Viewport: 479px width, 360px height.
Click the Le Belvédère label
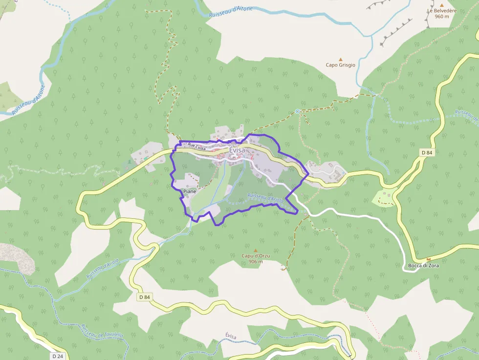pyautogui.click(x=437, y=10)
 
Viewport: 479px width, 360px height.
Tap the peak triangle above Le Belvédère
pyautogui.click(x=441, y=5)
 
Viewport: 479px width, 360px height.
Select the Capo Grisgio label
pyautogui.click(x=341, y=64)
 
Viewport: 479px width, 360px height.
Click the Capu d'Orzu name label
pyautogui.click(x=255, y=255)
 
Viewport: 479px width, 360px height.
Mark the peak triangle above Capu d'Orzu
pyautogui.click(x=255, y=250)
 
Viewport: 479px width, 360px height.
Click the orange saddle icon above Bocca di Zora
pyautogui.click(x=429, y=259)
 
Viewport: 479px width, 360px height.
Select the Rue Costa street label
pyautogui.click(x=196, y=146)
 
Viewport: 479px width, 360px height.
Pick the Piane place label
pyautogui.click(x=190, y=191)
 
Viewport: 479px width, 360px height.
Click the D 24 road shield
pyautogui.click(x=57, y=356)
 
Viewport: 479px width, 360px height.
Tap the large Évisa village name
pyautogui.click(x=237, y=150)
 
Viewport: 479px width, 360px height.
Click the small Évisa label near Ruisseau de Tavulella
pyautogui.click(x=231, y=336)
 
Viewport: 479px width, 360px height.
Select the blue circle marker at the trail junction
pyautogui.click(x=297, y=111)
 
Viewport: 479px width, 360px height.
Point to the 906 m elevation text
pyautogui.click(x=255, y=261)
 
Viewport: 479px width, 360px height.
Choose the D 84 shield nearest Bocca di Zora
pyautogui.click(x=427, y=153)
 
